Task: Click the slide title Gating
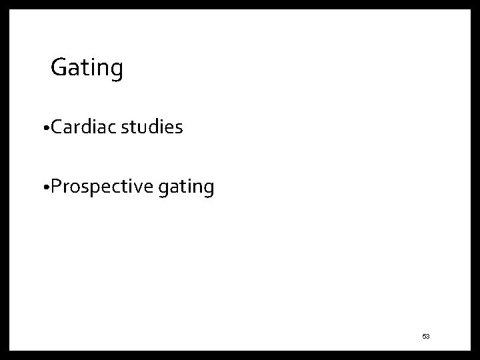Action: pyautogui.click(x=87, y=68)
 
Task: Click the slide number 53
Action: pyautogui.click(x=425, y=337)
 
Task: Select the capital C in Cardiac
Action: pyautogui.click(x=54, y=127)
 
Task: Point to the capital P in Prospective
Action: pyautogui.click(x=54, y=187)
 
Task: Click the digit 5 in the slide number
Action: pyautogui.click(x=423, y=337)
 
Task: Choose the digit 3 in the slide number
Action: pyautogui.click(x=428, y=337)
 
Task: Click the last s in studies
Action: pyautogui.click(x=179, y=128)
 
